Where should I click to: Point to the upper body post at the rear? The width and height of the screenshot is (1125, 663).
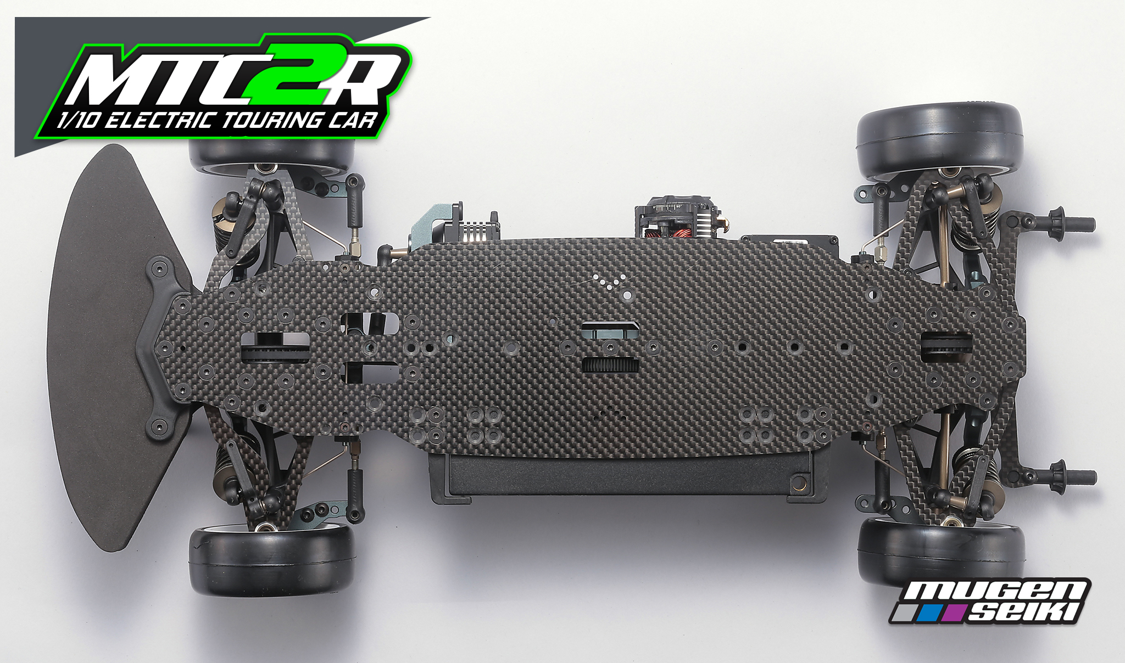coord(1071,223)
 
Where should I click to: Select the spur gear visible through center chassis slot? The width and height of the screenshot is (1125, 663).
coord(610,364)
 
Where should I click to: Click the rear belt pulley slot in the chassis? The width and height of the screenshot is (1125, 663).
coord(946,347)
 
